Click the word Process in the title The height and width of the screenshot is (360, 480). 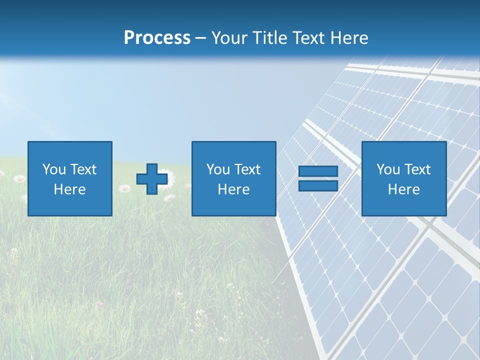click(x=157, y=38)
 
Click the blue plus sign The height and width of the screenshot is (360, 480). click(x=152, y=179)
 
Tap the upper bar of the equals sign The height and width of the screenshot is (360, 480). click(x=318, y=171)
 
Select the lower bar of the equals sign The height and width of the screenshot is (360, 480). click(x=318, y=185)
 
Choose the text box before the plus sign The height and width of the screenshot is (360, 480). click(x=70, y=178)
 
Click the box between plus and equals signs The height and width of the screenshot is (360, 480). click(x=233, y=178)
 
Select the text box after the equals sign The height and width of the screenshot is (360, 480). click(x=403, y=178)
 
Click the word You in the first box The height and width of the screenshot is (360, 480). click(x=53, y=169)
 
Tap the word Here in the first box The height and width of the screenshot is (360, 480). click(x=69, y=189)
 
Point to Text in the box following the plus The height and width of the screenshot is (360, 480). click(x=247, y=169)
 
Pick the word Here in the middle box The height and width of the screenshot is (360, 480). click(x=233, y=189)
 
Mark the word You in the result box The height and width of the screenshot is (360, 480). click(x=388, y=169)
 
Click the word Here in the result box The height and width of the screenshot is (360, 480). click(x=403, y=189)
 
